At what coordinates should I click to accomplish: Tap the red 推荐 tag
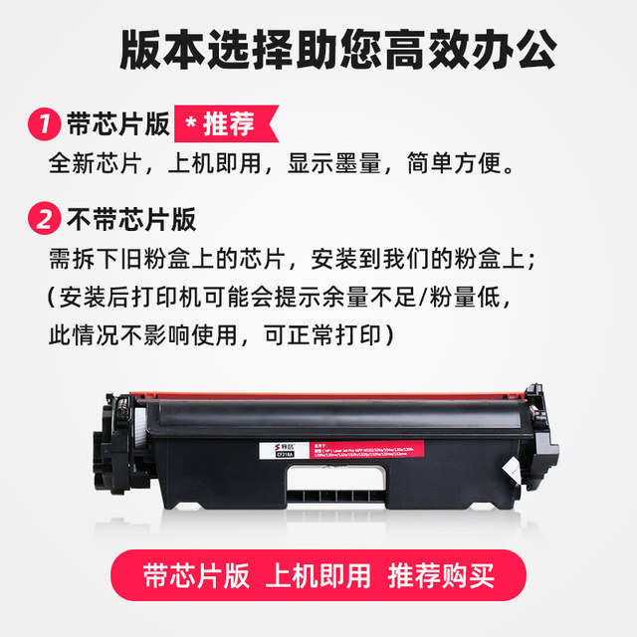click(x=216, y=125)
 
